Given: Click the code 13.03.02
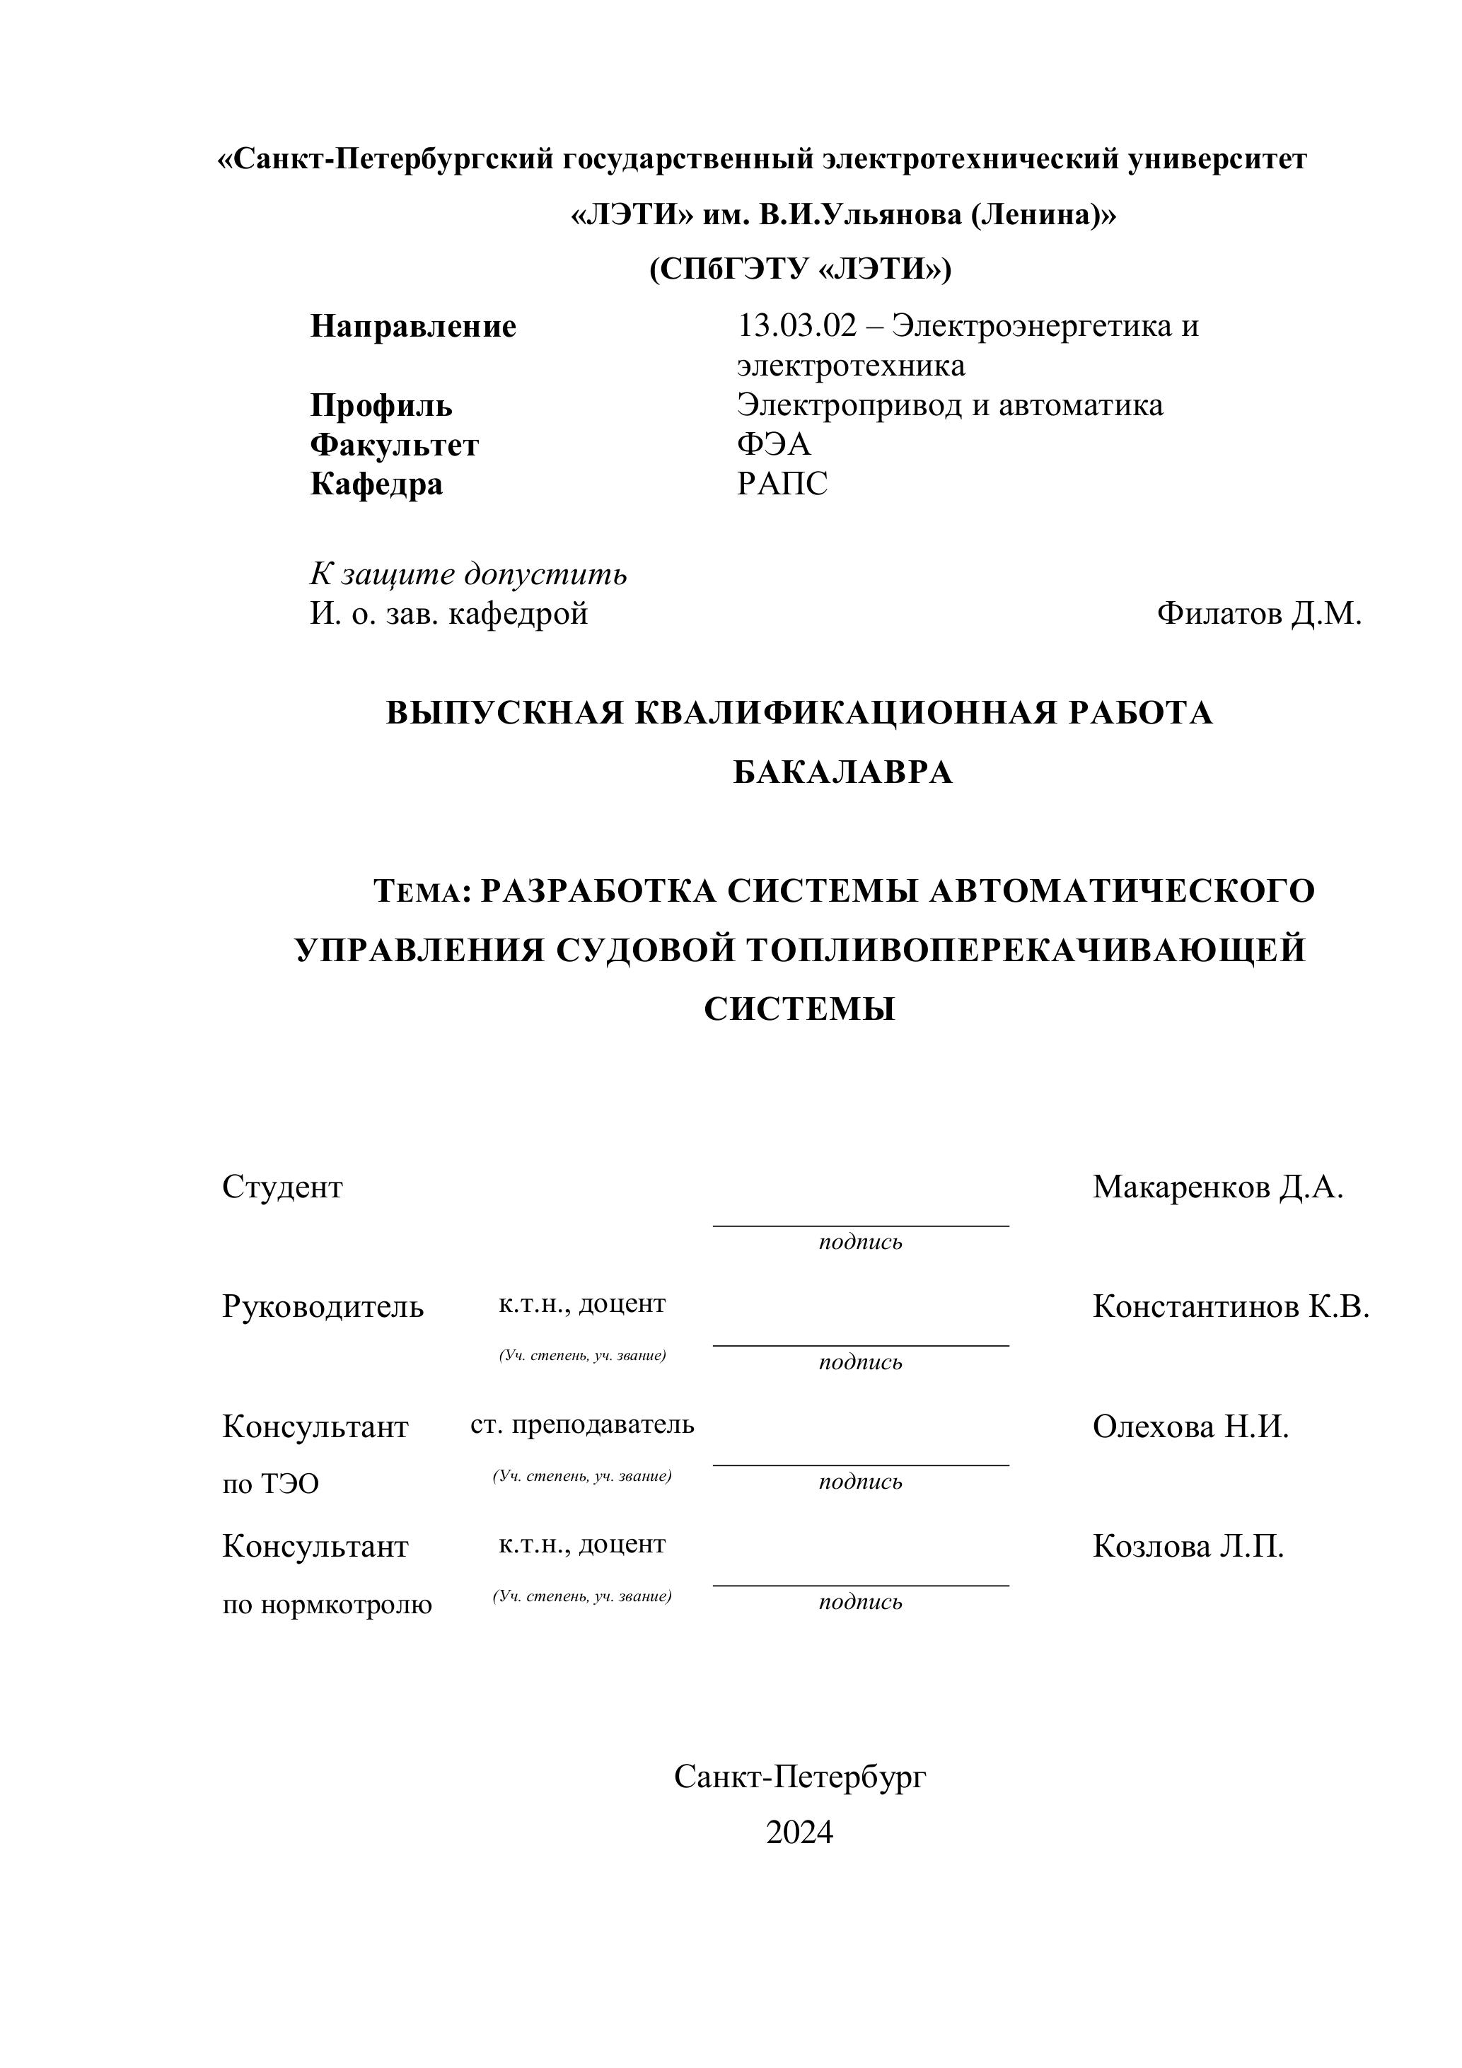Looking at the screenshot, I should point(796,325).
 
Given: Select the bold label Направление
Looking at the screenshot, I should point(414,326).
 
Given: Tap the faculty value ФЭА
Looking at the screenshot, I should point(774,444).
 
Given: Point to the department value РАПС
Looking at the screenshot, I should point(782,484).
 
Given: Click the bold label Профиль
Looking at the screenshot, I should point(381,405).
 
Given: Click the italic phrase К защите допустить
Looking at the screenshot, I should point(468,574).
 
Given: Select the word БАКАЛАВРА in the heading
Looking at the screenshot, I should point(842,772).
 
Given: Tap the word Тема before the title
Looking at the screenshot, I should point(418,892).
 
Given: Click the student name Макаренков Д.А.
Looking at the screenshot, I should point(1218,1187).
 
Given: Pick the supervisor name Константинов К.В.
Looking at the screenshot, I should point(1231,1306).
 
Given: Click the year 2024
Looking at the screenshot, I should point(799,1831).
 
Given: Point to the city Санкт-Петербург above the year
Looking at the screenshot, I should point(799,1776).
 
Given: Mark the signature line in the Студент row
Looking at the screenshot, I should point(860,1225).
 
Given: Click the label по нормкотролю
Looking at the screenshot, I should point(327,1603).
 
